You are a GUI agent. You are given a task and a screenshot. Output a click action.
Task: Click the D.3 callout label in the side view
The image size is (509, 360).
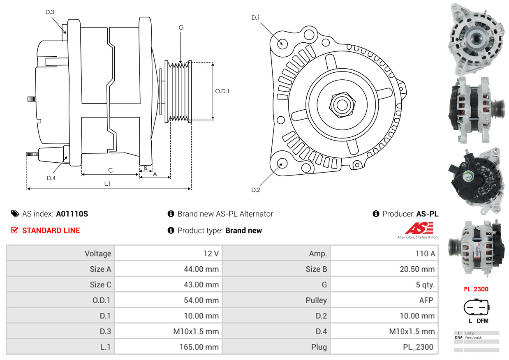pos(50,12)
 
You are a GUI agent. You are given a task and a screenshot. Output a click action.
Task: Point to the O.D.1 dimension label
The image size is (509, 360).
pos(222,91)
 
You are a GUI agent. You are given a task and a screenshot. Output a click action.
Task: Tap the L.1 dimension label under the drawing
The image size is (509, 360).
pos(107,183)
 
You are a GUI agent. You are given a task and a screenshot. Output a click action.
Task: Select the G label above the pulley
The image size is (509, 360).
pos(181,28)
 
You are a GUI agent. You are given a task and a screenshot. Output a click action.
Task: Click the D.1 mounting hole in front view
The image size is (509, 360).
pos(282,43)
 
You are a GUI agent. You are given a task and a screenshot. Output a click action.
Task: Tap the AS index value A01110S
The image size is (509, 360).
pos(72,214)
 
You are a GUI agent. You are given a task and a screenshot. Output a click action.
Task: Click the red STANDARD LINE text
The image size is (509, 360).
pos(51,231)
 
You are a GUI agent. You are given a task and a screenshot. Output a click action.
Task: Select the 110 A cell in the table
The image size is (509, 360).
pos(425,254)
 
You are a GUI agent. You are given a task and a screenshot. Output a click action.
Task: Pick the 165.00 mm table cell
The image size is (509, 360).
pos(199,347)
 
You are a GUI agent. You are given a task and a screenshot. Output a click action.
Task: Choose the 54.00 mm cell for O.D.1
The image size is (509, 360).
pos(201,300)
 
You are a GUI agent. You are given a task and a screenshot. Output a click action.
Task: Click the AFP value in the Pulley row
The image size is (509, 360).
pos(426,300)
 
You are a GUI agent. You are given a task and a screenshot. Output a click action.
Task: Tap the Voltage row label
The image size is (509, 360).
pos(98,254)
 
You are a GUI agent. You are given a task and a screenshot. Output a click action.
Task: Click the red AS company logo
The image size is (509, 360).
pos(419,228)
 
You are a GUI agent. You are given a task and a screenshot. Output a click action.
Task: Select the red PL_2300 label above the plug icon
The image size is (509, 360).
pos(476,289)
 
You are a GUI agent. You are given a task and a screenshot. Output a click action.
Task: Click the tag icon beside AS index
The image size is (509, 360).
pos(15,214)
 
